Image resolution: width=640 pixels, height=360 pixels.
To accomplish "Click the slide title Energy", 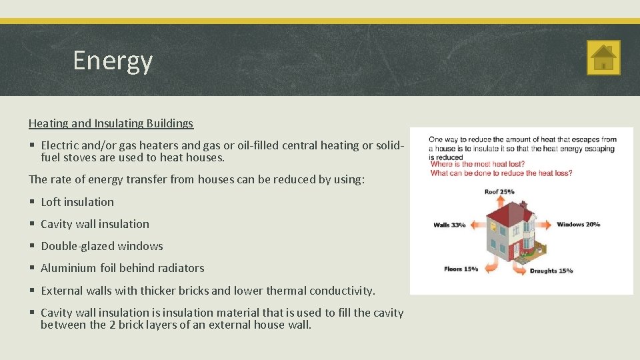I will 113,61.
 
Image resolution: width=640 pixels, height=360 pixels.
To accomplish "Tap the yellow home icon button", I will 603,57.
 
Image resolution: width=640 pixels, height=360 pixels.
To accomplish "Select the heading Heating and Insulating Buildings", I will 111,123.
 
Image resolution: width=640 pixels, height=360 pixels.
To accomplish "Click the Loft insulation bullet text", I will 77,202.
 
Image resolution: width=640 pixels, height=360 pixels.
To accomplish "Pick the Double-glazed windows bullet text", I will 102,246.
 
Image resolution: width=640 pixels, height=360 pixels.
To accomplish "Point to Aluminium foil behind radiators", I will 123,268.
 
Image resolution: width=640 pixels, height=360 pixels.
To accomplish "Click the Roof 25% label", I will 499,191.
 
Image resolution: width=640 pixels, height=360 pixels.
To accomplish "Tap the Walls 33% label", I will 449,225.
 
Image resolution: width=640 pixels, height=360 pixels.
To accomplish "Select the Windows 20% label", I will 578,225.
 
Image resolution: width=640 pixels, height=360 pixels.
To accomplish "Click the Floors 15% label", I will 461,269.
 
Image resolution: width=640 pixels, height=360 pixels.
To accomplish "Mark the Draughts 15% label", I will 551,271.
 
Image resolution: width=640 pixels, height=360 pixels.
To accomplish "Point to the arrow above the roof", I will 500,201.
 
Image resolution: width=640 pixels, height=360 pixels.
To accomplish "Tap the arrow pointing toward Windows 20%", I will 543,225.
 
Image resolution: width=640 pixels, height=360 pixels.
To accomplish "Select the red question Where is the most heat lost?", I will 477,164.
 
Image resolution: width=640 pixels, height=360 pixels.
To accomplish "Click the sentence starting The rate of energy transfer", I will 197,179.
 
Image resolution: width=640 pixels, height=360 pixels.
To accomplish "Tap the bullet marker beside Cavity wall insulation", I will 32,224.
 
